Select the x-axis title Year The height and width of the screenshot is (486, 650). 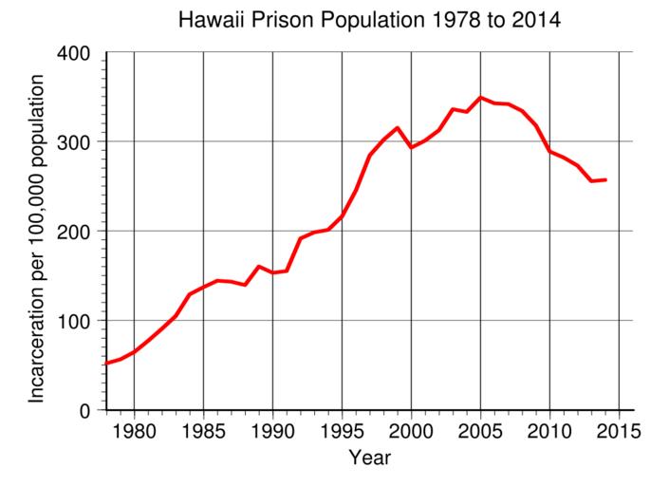coord(369,458)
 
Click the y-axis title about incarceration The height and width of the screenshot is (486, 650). coord(37,237)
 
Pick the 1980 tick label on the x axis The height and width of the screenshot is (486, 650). coord(134,428)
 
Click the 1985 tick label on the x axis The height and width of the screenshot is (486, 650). coord(203,428)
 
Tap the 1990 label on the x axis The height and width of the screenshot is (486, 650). coord(272,428)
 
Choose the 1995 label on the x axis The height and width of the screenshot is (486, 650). coord(342,428)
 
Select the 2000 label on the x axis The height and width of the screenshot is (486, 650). coord(411,428)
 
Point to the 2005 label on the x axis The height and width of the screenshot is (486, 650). coord(480,428)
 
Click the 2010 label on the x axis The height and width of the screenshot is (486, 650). coord(549,428)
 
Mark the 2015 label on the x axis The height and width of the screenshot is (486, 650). coord(619,428)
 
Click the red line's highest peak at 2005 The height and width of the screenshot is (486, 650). coord(480,98)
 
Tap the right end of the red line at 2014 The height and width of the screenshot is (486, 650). coord(604,179)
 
